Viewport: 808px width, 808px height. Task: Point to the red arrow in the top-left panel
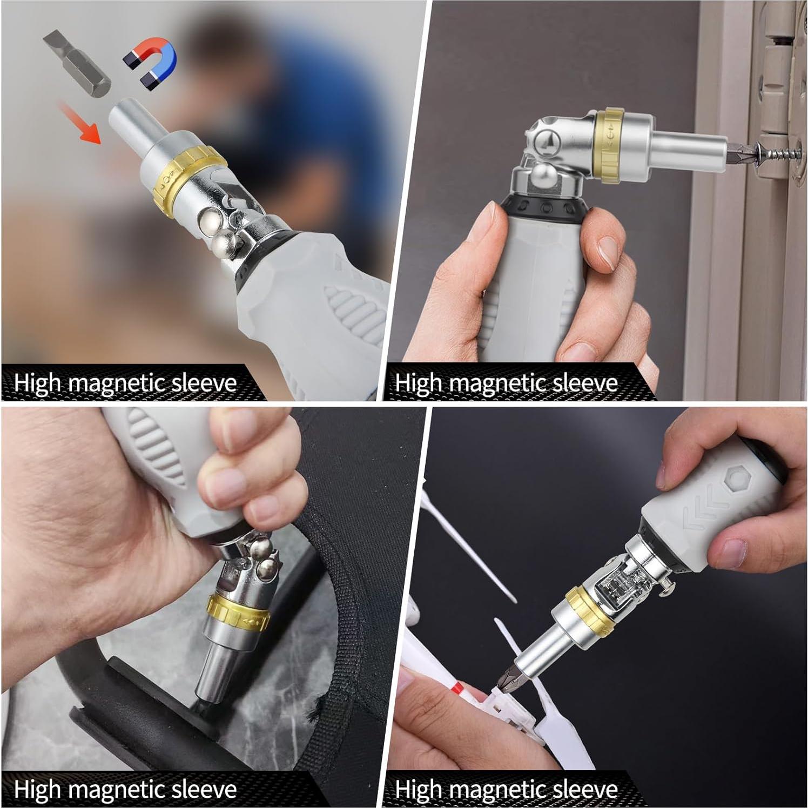pos(80,123)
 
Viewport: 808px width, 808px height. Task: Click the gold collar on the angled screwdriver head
pos(611,144)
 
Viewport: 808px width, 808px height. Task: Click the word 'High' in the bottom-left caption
pos(37,789)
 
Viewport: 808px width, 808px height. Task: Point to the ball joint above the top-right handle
pos(544,177)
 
